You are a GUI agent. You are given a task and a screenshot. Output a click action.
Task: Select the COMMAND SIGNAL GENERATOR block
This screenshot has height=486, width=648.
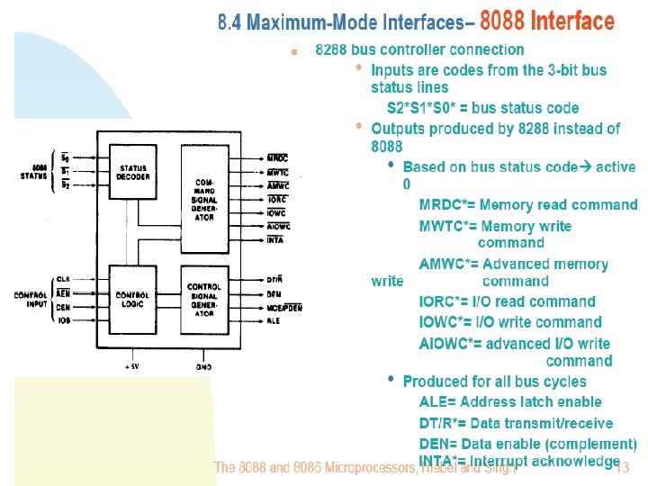point(204,199)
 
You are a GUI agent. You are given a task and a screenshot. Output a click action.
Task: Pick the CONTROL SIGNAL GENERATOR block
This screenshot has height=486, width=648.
point(204,300)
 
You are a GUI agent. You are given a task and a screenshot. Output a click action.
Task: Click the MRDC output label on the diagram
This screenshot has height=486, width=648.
point(277,157)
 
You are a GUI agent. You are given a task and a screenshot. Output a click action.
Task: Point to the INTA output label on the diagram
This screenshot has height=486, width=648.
point(276,240)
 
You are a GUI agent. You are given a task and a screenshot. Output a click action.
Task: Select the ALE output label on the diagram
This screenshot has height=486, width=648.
point(274,321)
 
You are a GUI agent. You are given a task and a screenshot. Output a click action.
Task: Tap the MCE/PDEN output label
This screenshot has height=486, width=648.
point(284,308)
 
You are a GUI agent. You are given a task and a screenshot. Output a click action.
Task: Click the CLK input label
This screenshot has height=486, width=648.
point(63,280)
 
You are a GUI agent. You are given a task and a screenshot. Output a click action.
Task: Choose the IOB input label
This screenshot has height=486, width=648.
point(63,319)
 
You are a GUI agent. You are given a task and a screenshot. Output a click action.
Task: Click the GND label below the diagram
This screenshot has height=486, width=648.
point(203,367)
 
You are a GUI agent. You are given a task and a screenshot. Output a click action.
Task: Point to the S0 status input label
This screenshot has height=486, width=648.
point(64,158)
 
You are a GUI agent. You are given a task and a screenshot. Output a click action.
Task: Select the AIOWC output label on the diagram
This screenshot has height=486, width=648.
point(279,227)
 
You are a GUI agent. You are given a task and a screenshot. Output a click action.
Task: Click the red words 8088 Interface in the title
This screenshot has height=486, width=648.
point(547,21)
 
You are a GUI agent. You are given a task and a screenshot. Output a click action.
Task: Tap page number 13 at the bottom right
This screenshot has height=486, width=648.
point(621,468)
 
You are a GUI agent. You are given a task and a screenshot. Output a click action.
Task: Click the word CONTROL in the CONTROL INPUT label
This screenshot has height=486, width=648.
point(30,295)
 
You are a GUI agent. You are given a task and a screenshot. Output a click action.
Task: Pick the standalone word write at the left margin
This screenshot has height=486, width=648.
point(387,281)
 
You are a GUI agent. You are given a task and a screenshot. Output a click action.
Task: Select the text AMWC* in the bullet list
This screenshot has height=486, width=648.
point(446,264)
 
